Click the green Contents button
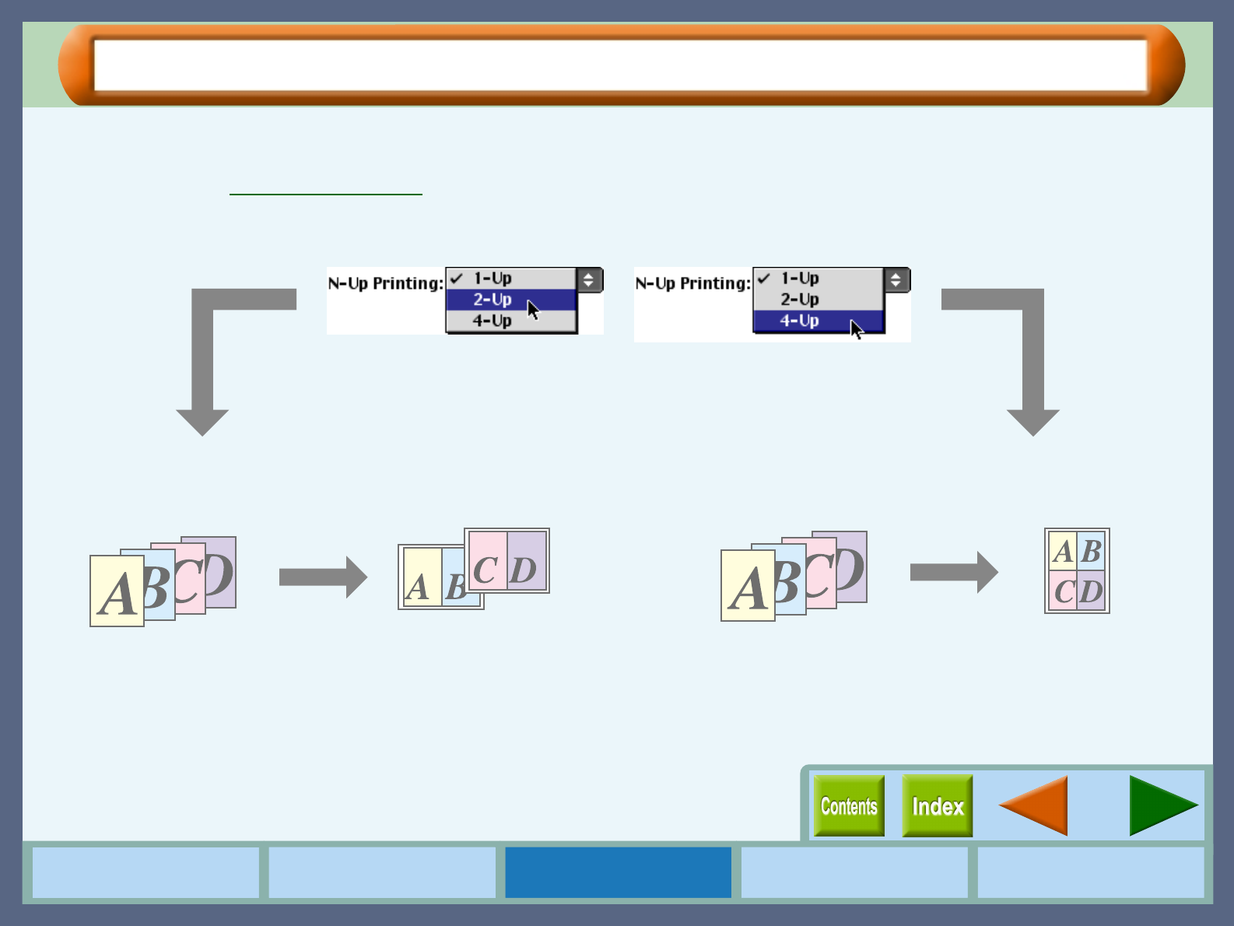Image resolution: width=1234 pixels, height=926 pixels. point(849,806)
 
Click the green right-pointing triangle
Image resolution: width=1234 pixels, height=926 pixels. point(1160,806)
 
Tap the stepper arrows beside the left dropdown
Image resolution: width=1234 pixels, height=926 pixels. point(589,279)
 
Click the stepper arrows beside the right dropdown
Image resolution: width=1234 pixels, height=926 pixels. point(896,279)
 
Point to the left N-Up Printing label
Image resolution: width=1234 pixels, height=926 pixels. point(385,283)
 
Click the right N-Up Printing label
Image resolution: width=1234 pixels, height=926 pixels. point(692,283)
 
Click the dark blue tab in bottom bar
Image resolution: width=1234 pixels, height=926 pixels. point(618,872)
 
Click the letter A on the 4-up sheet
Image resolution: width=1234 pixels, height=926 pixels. point(1063,552)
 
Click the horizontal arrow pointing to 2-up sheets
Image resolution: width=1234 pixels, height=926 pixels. point(322,577)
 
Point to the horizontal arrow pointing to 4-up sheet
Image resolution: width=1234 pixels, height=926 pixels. point(953,573)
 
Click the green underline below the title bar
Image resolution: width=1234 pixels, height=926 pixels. point(326,194)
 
